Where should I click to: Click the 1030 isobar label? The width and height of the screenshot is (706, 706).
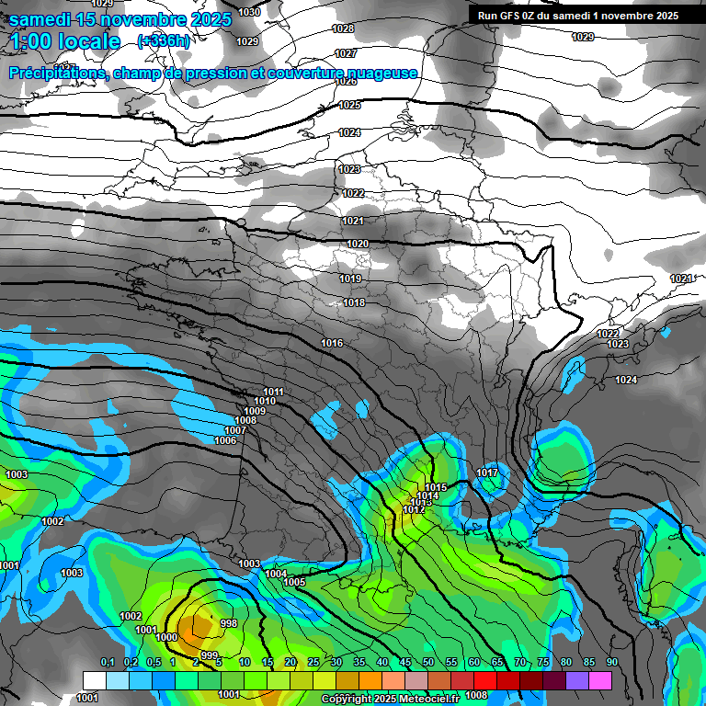248,12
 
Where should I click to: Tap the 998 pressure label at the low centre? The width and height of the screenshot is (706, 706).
229,623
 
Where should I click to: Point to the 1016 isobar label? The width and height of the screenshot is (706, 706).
332,343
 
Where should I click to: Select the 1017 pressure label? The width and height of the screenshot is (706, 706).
487,473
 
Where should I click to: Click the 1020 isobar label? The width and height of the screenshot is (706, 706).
358,244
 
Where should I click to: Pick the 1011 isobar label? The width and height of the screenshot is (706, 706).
273,392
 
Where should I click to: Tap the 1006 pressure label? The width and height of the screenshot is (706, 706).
225,440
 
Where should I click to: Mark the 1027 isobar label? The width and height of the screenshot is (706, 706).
346,53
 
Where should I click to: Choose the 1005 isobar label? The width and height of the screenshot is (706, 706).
294,582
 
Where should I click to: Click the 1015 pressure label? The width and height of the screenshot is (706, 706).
436,487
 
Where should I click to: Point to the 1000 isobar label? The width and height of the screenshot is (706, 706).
166,637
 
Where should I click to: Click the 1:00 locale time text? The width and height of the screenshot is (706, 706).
66,41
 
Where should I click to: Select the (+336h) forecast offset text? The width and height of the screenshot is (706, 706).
164,40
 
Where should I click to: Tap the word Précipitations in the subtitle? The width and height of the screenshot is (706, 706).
57,74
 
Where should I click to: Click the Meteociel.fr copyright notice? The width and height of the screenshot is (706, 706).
391,699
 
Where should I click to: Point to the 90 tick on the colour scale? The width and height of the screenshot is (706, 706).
611,662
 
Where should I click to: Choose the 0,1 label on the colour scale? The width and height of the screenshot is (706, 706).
108,662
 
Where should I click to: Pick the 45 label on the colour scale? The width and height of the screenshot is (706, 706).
405,662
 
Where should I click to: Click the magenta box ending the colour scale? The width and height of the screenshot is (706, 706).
600,679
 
